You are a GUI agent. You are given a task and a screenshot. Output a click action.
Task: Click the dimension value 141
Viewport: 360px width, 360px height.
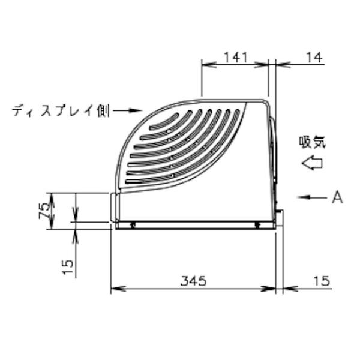(x=236, y=58)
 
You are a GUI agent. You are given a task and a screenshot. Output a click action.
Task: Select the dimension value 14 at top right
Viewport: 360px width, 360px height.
(x=314, y=58)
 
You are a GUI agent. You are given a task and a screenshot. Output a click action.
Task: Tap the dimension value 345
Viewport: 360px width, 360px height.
(x=193, y=281)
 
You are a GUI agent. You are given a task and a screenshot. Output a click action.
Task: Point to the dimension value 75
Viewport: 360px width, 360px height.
(x=44, y=211)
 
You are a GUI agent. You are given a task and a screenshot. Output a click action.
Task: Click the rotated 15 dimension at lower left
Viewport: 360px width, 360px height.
(x=68, y=267)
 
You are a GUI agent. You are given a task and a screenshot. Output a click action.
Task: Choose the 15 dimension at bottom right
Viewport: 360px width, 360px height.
(x=322, y=281)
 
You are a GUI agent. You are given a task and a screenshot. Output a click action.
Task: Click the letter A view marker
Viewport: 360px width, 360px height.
(x=337, y=197)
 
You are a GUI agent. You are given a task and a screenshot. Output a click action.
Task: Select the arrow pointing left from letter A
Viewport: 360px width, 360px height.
(x=312, y=197)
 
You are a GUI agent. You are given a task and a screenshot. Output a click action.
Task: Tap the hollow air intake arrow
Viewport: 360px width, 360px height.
(x=312, y=163)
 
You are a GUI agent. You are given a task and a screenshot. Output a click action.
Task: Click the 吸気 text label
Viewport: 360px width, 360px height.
(x=313, y=142)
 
